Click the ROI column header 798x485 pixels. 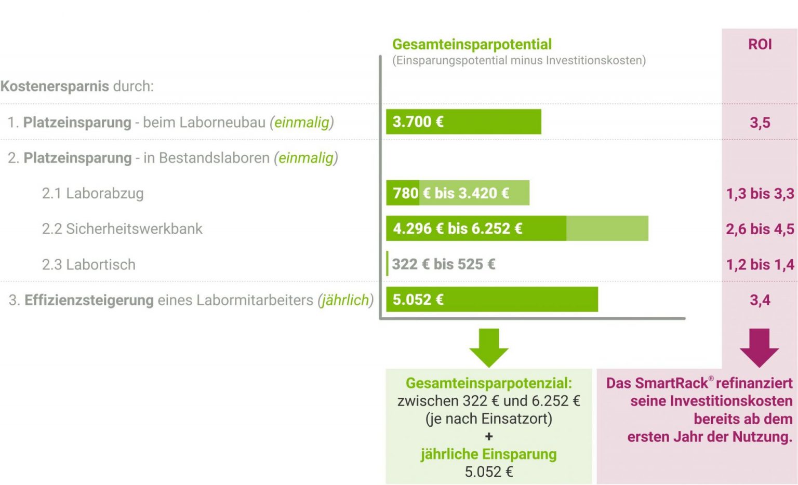(x=760, y=45)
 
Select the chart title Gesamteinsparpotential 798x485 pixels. (x=472, y=45)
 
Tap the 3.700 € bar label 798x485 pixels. (x=418, y=122)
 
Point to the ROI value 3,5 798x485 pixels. (x=760, y=123)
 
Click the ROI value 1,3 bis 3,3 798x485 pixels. (x=760, y=194)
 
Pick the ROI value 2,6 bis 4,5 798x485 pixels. (x=760, y=229)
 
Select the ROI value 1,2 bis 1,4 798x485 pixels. (x=760, y=265)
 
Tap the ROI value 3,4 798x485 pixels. (x=760, y=300)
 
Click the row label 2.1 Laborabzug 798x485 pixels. (x=92, y=194)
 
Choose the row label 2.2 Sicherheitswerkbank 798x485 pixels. (x=122, y=229)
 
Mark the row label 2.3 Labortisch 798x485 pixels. (x=88, y=265)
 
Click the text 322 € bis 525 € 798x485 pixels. (x=443, y=264)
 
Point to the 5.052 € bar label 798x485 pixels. (x=418, y=300)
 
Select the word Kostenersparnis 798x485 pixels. (x=55, y=86)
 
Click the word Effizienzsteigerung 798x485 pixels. (x=89, y=300)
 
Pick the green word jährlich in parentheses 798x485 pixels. (x=345, y=300)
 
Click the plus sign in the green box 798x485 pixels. (x=488, y=437)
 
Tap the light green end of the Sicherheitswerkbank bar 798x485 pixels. (x=607, y=228)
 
